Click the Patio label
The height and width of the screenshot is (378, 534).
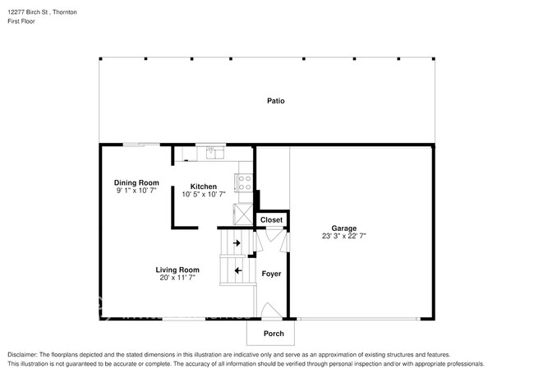276,101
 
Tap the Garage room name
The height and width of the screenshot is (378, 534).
343,228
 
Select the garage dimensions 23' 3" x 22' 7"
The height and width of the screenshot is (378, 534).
343,236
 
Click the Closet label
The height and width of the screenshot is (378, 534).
271,220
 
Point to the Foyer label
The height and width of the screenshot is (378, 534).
271,274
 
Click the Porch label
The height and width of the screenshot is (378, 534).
273,334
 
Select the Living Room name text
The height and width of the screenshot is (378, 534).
178,270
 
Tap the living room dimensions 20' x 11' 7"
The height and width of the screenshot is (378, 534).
178,278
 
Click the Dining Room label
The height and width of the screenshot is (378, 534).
136,182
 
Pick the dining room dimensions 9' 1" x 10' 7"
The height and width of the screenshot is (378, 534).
136,191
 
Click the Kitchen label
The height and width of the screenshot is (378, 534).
204,186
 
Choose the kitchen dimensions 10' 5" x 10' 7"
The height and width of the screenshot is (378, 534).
204,194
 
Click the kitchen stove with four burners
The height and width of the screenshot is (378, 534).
245,182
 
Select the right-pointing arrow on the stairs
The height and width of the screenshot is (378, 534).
237,243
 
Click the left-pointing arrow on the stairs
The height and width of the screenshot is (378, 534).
238,270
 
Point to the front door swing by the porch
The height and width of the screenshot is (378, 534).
268,311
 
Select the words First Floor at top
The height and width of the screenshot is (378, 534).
22,21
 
